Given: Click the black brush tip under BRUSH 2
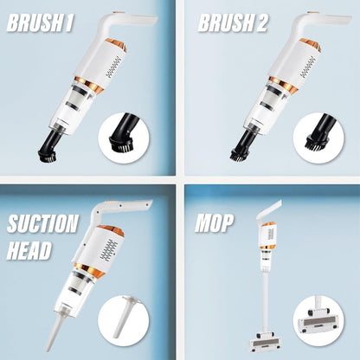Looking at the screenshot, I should pos(240,153).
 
